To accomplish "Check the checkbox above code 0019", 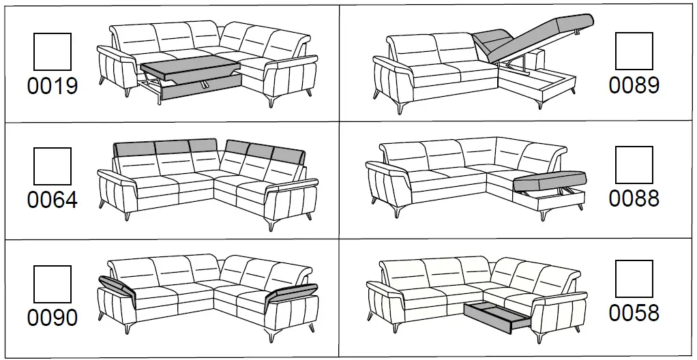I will (53, 51).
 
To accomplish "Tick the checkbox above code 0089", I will (634, 51).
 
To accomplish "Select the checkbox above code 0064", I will (53, 166).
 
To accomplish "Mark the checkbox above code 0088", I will (634, 166).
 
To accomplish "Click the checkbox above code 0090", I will (53, 284).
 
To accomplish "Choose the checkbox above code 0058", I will (634, 280).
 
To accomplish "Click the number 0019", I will (53, 86).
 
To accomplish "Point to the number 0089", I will (634, 85).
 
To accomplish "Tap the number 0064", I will (53, 200).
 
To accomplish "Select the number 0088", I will (634, 199).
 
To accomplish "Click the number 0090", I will (53, 318).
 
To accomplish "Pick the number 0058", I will (634, 313).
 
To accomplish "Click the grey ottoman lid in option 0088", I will (549, 181).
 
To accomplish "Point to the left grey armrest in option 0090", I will (117, 286).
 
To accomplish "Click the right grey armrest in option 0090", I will (290, 294).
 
